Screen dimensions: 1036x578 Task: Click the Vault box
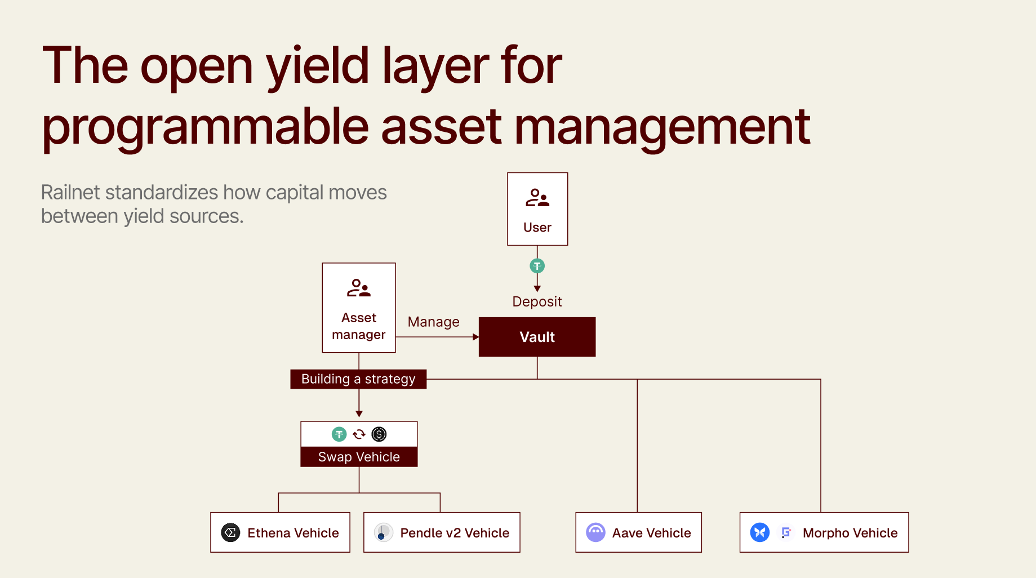537,337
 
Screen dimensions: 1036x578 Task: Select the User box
537,209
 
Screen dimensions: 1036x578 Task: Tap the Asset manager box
359,308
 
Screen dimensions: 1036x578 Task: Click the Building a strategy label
358,379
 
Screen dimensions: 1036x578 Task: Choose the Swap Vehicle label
359,457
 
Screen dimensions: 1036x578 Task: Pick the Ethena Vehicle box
280,532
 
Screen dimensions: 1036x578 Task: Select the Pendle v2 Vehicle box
442,532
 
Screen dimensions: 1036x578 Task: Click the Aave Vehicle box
638,532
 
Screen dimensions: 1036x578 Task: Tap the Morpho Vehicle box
824,532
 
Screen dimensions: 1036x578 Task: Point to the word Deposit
537,302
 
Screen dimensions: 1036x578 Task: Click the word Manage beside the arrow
433,322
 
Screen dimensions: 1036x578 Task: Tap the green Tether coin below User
537,266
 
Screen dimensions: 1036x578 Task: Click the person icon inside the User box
537,198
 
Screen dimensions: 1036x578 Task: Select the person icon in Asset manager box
359,288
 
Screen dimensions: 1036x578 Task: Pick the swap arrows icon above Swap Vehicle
359,434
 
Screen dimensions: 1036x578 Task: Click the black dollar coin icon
379,434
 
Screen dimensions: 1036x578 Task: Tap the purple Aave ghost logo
595,532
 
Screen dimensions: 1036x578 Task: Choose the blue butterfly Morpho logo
759,532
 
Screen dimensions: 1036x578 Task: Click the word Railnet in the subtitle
71,193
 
